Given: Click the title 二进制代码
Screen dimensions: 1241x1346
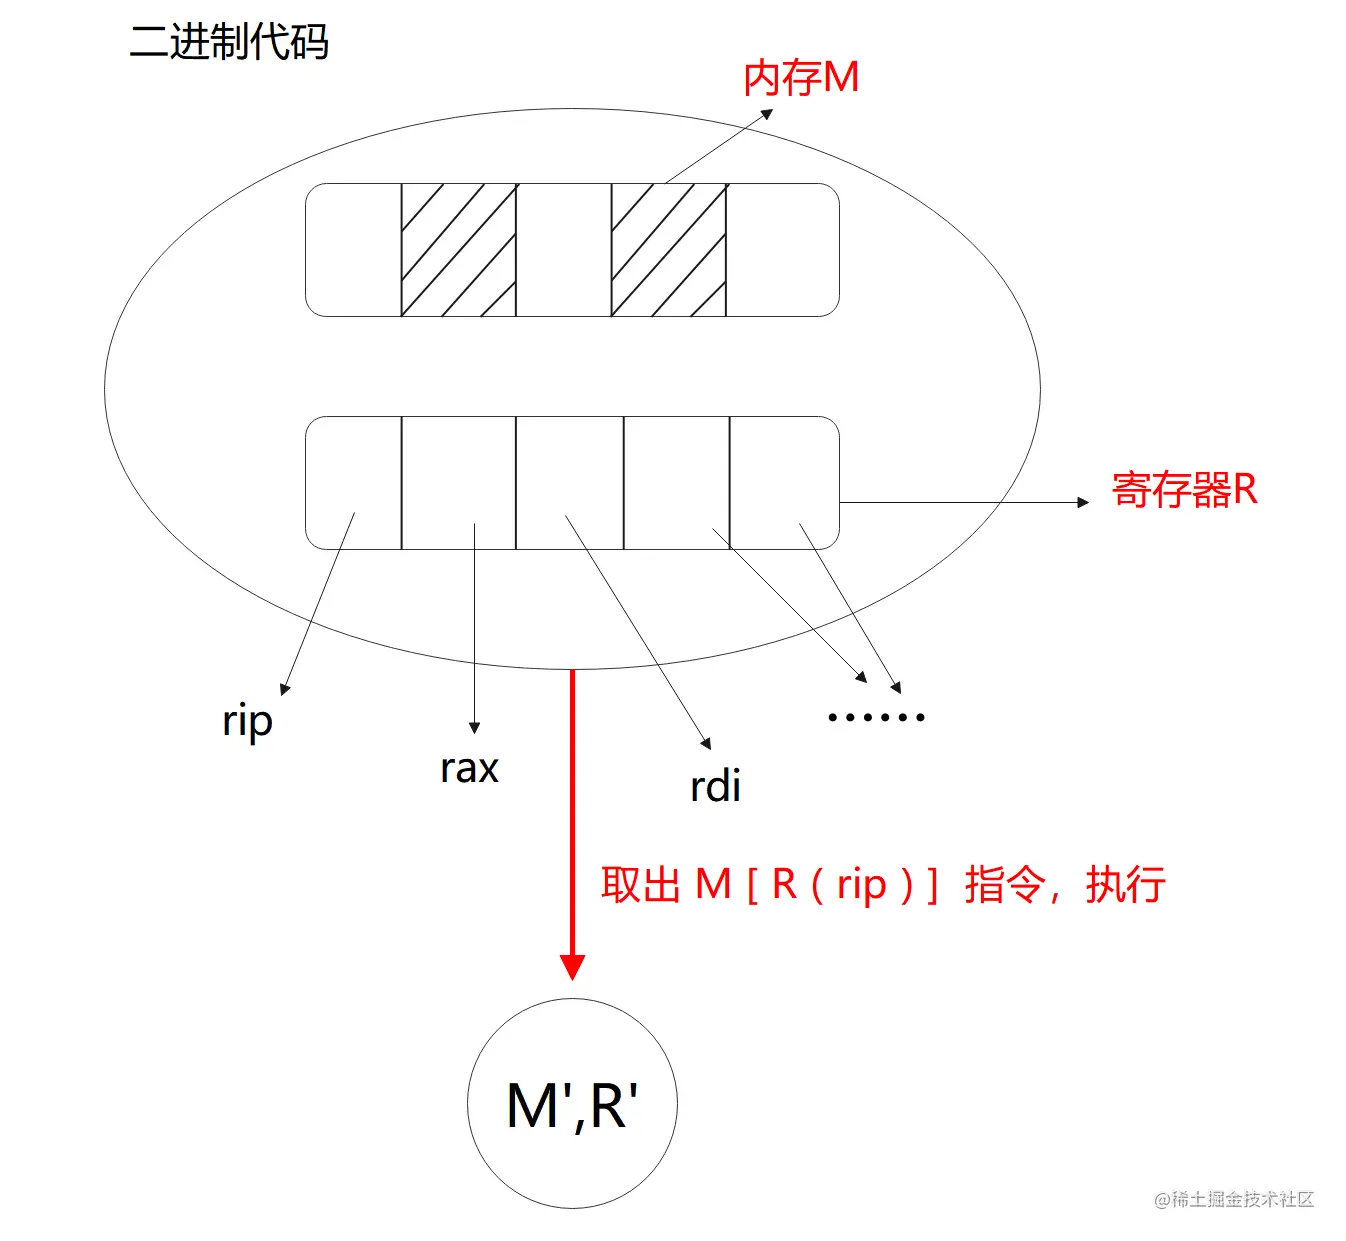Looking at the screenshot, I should pyautogui.click(x=229, y=42).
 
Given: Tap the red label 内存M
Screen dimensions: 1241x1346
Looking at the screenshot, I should pyautogui.click(x=801, y=78).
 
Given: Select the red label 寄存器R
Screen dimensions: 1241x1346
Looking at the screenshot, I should pyautogui.click(x=1184, y=490).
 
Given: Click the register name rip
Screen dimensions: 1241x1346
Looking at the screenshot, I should pyautogui.click(x=247, y=720).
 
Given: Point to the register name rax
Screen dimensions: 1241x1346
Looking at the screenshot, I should pyautogui.click(x=469, y=768).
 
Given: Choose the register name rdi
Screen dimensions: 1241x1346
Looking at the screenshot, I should pyautogui.click(x=715, y=786).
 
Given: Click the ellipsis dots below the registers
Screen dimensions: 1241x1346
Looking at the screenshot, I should pyautogui.click(x=876, y=717).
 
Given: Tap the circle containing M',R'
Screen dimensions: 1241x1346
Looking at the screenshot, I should pyautogui.click(x=572, y=1103).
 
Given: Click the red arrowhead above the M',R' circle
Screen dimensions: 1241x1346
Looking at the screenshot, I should pyautogui.click(x=572, y=966).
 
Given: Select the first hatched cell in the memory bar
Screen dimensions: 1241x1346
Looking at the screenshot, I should pyautogui.click(x=458, y=250).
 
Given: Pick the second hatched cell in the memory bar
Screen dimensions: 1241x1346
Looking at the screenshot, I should pyautogui.click(x=668, y=250).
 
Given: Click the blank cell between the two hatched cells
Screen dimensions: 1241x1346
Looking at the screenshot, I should pyautogui.click(x=563, y=250).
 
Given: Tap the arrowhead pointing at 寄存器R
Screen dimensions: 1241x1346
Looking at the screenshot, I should pyautogui.click(x=1083, y=502).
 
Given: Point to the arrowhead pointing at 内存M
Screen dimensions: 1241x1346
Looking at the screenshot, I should pyautogui.click(x=767, y=114).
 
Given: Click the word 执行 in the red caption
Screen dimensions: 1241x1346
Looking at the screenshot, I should pyautogui.click(x=1126, y=885).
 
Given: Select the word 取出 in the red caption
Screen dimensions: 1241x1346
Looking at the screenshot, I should pyautogui.click(x=640, y=885).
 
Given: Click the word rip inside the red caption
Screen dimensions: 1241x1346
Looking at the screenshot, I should pyautogui.click(x=861, y=885).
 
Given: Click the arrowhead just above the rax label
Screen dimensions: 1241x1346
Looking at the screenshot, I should pyautogui.click(x=474, y=728).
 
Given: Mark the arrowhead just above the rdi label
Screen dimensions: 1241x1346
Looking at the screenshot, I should pyautogui.click(x=706, y=744).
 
